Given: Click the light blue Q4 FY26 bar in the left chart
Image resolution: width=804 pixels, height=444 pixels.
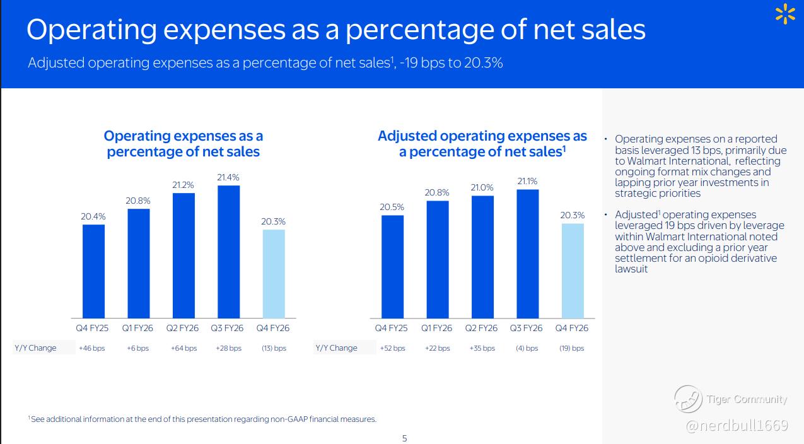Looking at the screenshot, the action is [x=274, y=274].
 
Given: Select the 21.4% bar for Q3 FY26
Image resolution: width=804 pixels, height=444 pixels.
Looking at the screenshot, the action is [x=229, y=252].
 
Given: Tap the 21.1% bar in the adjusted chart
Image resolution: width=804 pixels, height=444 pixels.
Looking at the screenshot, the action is [x=528, y=254].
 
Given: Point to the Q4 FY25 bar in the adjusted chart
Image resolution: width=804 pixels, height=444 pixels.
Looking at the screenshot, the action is [x=392, y=267].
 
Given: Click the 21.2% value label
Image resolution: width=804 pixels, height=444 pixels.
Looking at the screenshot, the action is [x=183, y=185].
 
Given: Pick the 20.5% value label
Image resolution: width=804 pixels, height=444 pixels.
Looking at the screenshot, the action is [x=392, y=207].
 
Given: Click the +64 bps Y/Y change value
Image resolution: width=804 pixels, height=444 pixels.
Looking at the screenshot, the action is [x=184, y=348].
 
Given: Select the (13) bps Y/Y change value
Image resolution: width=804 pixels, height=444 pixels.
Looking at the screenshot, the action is [x=274, y=348].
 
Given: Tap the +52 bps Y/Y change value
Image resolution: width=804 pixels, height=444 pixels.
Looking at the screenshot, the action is [x=392, y=348].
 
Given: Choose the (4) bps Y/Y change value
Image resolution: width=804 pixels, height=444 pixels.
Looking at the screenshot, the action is [x=527, y=348].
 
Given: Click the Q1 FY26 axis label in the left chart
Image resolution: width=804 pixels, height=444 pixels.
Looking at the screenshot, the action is [x=137, y=328].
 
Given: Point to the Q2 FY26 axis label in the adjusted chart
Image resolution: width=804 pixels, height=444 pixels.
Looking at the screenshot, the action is [x=481, y=328].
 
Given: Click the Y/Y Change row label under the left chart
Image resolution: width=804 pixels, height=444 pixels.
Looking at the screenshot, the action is [x=35, y=348].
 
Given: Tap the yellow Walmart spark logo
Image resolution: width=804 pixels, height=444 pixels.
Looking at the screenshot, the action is [x=785, y=14].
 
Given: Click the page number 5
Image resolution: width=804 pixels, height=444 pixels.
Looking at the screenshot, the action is [x=404, y=438].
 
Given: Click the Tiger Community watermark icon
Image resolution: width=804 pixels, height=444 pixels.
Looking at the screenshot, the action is [x=688, y=399].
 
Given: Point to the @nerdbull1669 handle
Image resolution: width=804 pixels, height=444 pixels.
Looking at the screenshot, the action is [x=737, y=426].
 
